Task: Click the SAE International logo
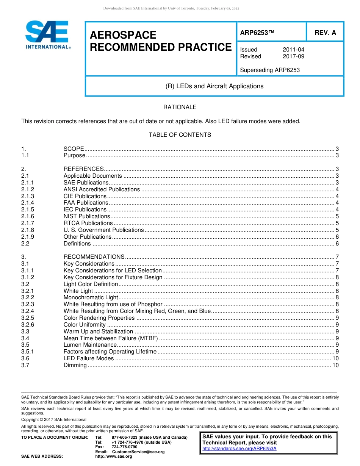click(47, 35)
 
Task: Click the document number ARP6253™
click(257, 33)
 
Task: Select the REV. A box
click(325, 33)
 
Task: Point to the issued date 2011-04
click(293, 50)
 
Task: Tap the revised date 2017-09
click(293, 56)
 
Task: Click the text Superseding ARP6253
click(270, 70)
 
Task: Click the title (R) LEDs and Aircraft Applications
click(214, 86)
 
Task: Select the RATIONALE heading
click(180, 107)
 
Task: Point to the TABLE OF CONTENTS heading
click(180, 135)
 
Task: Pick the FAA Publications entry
click(86, 203)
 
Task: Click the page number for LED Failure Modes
click(335, 358)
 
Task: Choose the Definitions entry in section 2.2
click(77, 244)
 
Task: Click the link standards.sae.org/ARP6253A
click(239, 449)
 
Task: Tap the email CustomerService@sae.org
click(138, 452)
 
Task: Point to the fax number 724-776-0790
click(124, 447)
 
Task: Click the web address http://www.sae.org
click(114, 457)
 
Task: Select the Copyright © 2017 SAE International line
click(54, 419)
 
